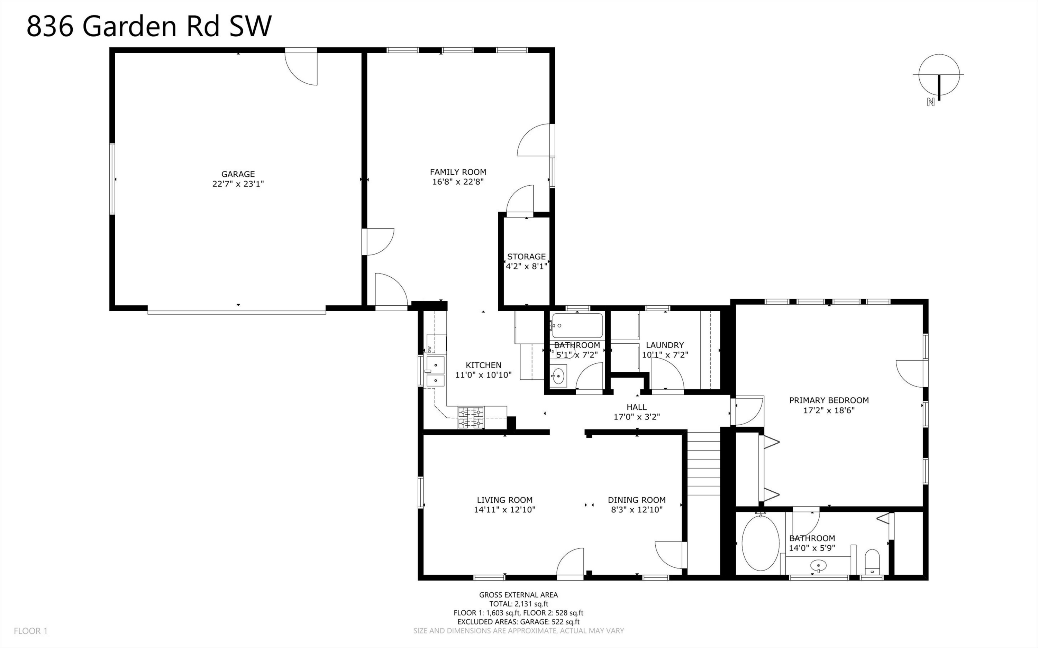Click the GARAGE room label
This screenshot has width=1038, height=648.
coord(238,174)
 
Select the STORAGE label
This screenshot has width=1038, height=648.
coord(527,257)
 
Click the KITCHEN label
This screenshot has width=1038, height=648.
coord(484,365)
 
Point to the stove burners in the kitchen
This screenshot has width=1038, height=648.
coord(471,418)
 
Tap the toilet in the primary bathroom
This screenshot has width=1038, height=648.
coord(872,562)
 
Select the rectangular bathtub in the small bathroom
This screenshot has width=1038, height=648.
coord(577,326)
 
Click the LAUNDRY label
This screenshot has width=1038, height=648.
coord(665,345)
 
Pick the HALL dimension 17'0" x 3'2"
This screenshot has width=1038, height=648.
coord(637,417)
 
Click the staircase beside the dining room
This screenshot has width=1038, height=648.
coord(703,464)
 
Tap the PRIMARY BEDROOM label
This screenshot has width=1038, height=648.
coord(829,400)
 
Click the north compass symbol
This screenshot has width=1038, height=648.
coord(939,81)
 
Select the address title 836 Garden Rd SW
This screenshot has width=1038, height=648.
coord(149,26)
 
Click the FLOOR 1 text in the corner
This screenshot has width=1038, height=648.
coord(30,631)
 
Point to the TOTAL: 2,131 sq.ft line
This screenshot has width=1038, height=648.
coord(518,604)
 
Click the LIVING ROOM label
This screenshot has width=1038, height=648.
coord(504,500)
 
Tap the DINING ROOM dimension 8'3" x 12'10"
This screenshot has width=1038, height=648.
coord(637,510)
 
